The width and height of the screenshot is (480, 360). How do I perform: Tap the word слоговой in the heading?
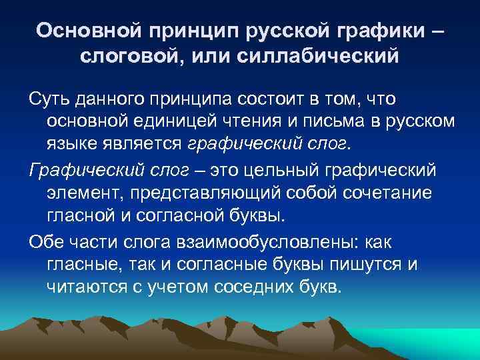(x=131, y=57)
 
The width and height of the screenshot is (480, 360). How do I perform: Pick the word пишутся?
(x=366, y=263)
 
